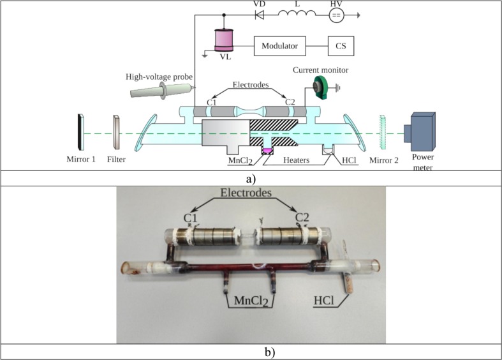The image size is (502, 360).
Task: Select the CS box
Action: pyautogui.click(x=341, y=46)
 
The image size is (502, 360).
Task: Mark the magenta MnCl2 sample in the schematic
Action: pyautogui.click(x=267, y=150)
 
